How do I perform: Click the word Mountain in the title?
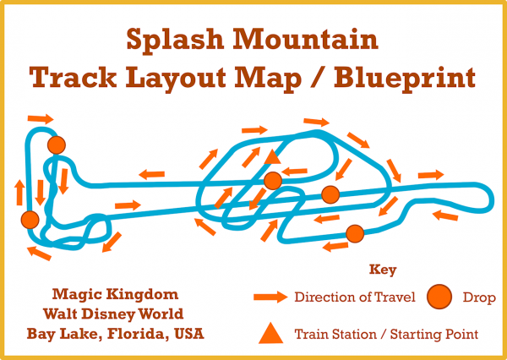click(306, 39)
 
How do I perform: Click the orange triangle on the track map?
click(272, 157)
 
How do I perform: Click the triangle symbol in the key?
click(271, 334)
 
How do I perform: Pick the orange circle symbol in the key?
click(439, 297)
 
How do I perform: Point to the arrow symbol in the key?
click(270, 297)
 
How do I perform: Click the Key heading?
click(383, 270)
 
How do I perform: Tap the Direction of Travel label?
click(355, 297)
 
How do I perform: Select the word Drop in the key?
click(479, 297)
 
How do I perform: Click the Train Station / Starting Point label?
click(386, 334)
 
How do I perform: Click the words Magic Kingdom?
click(115, 295)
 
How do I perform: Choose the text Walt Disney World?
click(113, 314)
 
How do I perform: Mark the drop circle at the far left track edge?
click(30, 220)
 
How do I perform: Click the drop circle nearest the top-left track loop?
click(57, 145)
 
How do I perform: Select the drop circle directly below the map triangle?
click(273, 181)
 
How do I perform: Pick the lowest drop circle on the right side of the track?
click(355, 233)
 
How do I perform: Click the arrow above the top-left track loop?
click(41, 118)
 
